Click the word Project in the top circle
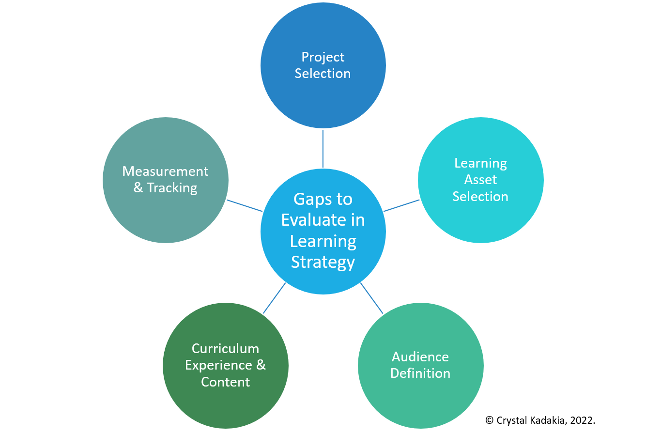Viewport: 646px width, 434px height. [x=323, y=57]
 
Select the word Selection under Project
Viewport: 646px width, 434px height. [x=323, y=74]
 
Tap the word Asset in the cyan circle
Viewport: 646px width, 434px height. [x=480, y=180]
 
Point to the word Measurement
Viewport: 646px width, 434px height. [x=165, y=171]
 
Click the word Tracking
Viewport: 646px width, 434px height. [x=172, y=188]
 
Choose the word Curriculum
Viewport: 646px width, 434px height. [x=225, y=349]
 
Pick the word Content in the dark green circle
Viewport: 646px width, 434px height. [x=225, y=382]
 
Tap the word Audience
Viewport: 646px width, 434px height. [x=420, y=357]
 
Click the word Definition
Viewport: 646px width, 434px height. [x=420, y=373]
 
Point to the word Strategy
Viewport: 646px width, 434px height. [x=323, y=262]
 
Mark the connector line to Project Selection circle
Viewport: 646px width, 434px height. [x=323, y=148]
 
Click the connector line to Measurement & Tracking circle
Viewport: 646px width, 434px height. [x=244, y=205]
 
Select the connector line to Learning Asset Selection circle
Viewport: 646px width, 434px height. [x=402, y=205]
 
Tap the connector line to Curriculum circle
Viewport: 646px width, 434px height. [x=274, y=298]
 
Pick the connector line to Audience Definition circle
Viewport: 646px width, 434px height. [x=372, y=298]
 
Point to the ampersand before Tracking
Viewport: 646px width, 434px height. [x=138, y=188]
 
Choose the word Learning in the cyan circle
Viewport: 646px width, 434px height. [x=480, y=163]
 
